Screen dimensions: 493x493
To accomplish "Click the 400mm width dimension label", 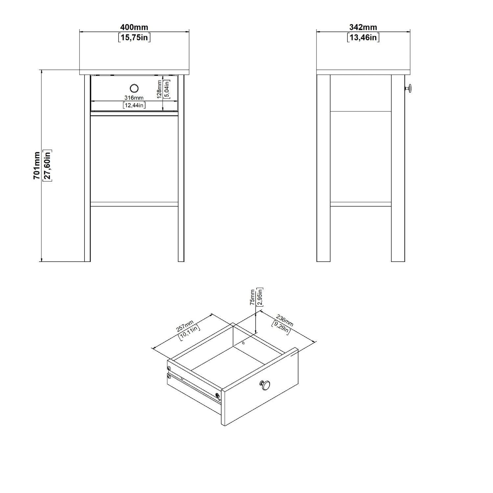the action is point(134,27).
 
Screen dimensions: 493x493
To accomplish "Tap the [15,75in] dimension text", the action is point(134,37).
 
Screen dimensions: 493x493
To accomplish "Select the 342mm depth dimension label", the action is point(363,27).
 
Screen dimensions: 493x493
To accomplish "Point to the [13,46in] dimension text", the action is point(363,37).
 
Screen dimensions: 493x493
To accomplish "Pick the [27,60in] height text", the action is point(47,166).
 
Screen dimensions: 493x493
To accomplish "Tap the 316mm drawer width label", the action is point(134,98).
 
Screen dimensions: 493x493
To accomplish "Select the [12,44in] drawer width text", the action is point(134,105).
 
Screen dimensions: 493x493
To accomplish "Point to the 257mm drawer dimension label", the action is point(184,326).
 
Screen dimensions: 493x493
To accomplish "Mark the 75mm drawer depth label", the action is point(252,298).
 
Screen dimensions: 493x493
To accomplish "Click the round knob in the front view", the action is point(134,88).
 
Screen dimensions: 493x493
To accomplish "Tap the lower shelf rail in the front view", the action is point(134,204).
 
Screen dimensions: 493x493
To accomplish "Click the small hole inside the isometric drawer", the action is point(244,343).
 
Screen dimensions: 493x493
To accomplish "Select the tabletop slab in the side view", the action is point(364,72).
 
